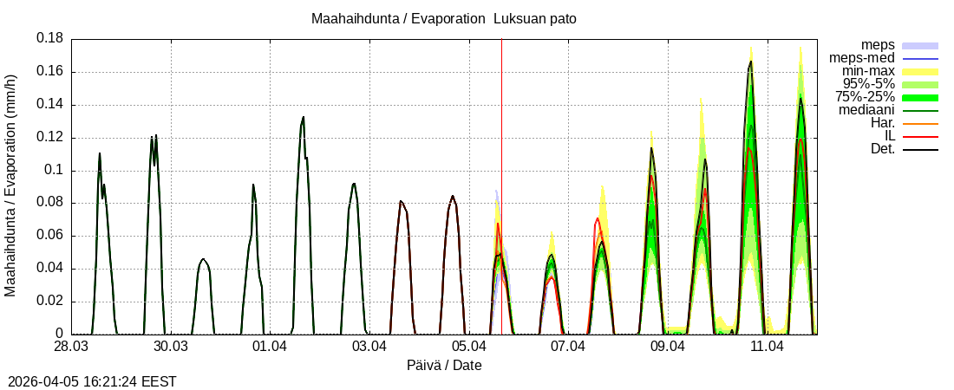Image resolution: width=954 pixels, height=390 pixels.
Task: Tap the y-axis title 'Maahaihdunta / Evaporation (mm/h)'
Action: point(10,185)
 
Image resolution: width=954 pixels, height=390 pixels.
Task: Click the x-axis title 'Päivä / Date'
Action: point(444,365)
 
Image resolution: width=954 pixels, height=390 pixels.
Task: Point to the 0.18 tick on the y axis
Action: point(49,39)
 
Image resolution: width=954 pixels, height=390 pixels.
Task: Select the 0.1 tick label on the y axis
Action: point(54,170)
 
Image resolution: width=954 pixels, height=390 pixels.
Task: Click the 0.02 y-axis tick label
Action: point(49,301)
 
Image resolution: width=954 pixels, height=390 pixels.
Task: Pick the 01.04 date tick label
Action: point(270,347)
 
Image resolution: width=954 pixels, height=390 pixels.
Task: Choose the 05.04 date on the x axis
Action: point(468,347)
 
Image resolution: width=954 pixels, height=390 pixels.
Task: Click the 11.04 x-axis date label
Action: point(767,347)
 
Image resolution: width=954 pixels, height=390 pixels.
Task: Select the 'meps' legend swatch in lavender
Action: point(920,45)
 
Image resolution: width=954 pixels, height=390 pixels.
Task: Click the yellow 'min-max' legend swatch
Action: point(920,71)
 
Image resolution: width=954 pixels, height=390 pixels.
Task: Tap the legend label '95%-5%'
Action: point(869,84)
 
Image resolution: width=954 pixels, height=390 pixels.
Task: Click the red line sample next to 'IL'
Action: point(920,136)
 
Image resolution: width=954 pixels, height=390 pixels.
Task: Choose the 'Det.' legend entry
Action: point(882,149)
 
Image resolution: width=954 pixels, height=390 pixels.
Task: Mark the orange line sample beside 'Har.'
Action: point(920,123)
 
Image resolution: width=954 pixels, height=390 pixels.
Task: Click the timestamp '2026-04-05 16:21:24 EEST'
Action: point(93,381)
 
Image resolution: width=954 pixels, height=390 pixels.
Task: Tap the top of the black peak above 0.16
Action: point(750,62)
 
